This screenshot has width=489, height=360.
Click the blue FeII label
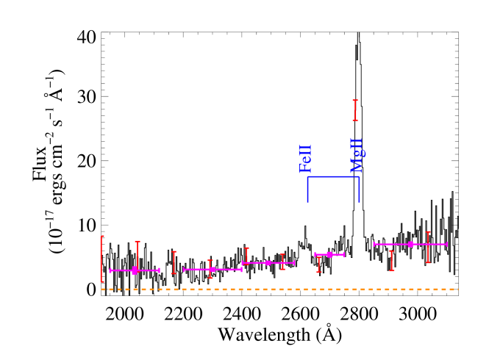pyautogui.click(x=305, y=159)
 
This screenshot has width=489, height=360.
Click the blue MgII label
pyautogui.click(x=357, y=155)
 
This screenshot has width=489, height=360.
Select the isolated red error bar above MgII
pyautogui.click(x=355, y=110)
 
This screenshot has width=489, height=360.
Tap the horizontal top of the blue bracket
pyautogui.click(x=333, y=176)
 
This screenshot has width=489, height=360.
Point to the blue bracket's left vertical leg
pyautogui.click(x=307, y=189)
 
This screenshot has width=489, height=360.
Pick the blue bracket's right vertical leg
pyautogui.click(x=359, y=189)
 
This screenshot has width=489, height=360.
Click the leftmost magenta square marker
pyautogui.click(x=135, y=270)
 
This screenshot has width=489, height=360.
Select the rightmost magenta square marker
pyautogui.click(x=411, y=244)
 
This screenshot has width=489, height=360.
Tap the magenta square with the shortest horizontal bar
pyautogui.click(x=329, y=255)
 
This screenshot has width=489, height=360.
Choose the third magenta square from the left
pyautogui.click(x=268, y=262)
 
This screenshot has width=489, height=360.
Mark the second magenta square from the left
pyautogui.click(x=213, y=270)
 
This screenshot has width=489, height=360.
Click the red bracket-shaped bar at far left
pyautogui.click(x=101, y=259)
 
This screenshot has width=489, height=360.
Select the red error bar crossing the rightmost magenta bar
pyautogui.click(x=428, y=248)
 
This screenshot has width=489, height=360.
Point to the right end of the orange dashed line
pyautogui.click(x=457, y=289)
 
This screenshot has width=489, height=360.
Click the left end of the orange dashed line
pyautogui.click(x=102, y=289)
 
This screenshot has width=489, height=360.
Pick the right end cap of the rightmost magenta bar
pyautogui.click(x=446, y=244)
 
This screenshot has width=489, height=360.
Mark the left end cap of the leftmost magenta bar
pyautogui.click(x=110, y=270)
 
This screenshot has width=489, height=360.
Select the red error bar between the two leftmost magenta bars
pyautogui.click(x=174, y=262)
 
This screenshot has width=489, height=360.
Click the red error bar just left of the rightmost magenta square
pyautogui.click(x=391, y=261)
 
